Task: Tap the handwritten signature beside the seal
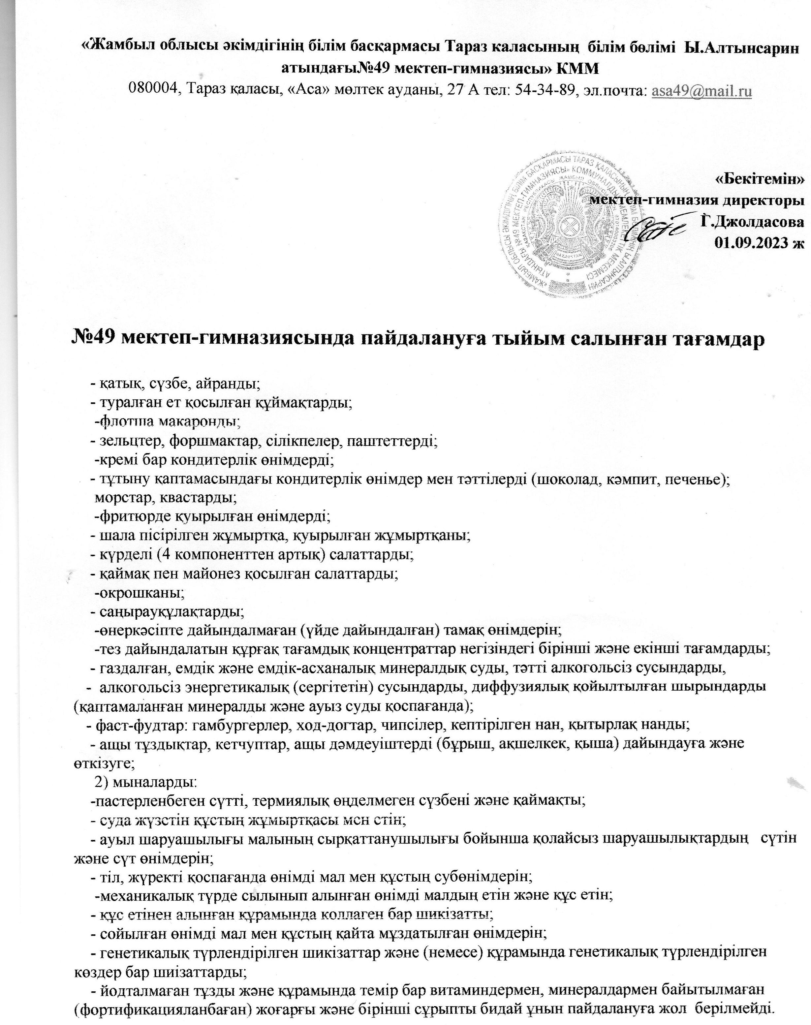click(x=656, y=230)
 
